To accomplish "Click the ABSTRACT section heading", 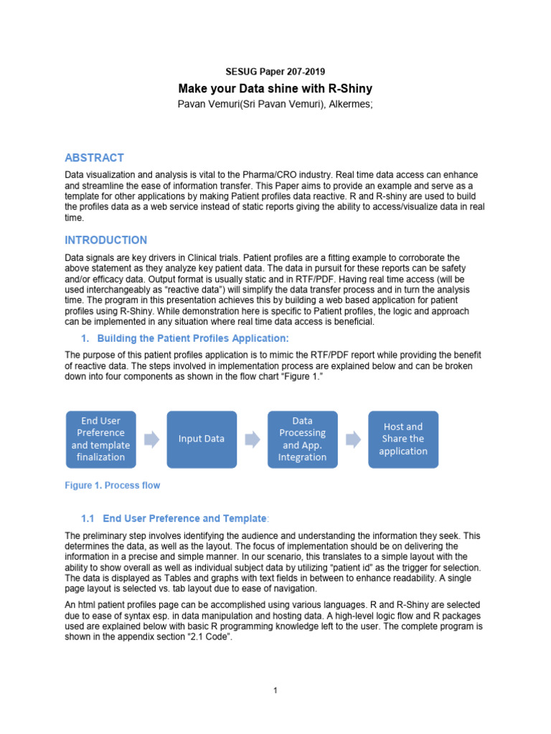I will coord(94,158).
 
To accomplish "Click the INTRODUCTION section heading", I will coord(105,240).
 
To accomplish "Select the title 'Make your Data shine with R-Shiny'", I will coord(275,89).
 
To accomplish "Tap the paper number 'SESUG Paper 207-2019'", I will coord(275,71).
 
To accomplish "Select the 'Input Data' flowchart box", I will coord(202,439).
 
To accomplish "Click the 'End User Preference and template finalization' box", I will coord(100,439).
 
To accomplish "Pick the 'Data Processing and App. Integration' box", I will coord(302,439).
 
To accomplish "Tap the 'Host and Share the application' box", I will coord(403,439).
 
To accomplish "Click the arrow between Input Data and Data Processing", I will coord(252,439).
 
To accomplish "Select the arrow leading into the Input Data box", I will coord(151,439).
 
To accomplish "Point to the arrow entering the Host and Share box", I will coord(352,439).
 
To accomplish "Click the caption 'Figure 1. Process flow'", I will coord(112,485).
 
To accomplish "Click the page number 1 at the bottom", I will coord(275,690).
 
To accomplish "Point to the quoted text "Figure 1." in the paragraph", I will coord(296,376).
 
